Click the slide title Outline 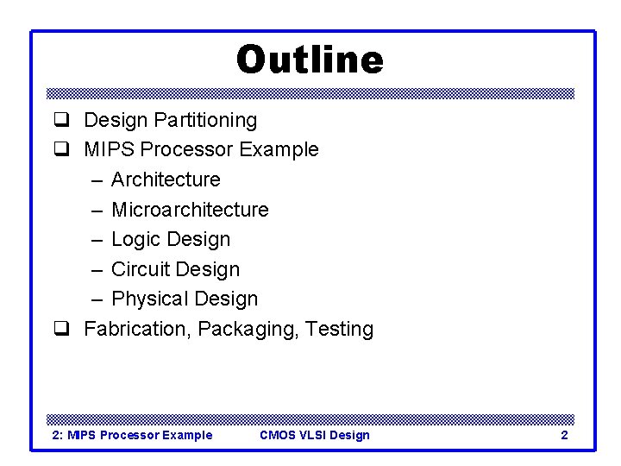(310, 60)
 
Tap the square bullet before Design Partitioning (62, 120)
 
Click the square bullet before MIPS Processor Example (62, 150)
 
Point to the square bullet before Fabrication (62, 330)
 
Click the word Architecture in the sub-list (166, 179)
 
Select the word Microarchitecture (190, 210)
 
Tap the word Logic (136, 239)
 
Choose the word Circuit (141, 269)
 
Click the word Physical (149, 299)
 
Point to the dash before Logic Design (94, 240)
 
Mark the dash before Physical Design (94, 299)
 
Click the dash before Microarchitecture (94, 210)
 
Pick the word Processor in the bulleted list (186, 149)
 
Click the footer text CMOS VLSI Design (314, 435)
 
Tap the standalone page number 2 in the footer (564, 435)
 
